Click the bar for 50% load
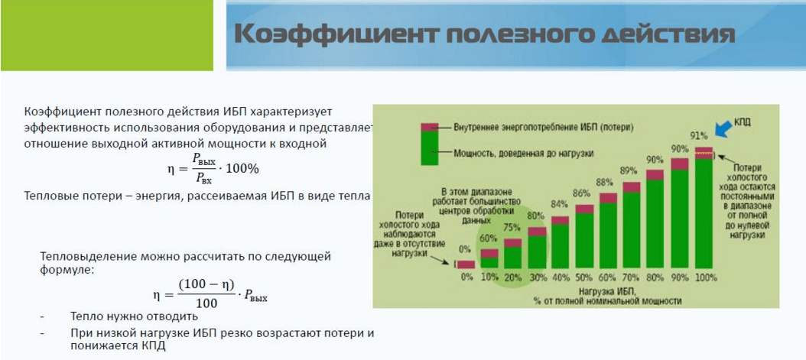point(584,236)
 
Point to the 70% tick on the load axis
point(632,277)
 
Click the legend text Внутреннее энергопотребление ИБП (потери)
point(544,126)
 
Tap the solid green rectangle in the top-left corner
point(107,35)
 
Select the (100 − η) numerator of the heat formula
point(206,283)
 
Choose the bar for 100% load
point(704,208)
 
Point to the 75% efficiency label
point(512,228)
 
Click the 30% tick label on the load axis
point(537,277)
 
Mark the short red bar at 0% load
point(466,264)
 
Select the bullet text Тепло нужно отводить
point(134,317)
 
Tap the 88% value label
point(607,181)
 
